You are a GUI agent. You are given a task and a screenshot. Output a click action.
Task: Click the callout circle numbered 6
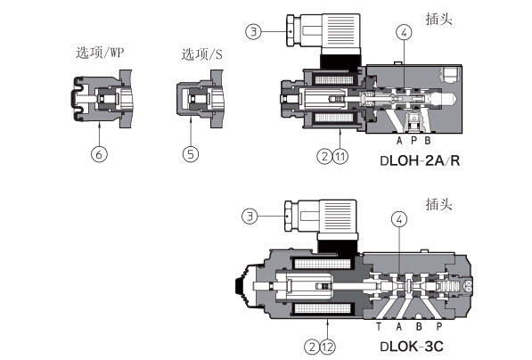[x=99, y=154]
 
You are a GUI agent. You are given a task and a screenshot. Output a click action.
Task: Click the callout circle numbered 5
[x=191, y=154]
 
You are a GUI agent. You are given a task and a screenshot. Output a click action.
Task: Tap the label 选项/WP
[x=100, y=53]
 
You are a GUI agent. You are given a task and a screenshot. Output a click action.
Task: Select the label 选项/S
[x=202, y=54]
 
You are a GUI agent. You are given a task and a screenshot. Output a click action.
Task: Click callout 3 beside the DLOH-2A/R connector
[x=253, y=32]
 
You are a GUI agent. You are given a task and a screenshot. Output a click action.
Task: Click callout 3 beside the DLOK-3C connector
[x=250, y=217]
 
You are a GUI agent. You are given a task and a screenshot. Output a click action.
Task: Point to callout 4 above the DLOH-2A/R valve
[x=404, y=33]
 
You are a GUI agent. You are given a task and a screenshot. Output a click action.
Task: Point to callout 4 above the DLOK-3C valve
[x=399, y=219]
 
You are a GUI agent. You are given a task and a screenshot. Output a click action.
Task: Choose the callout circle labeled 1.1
[x=340, y=157]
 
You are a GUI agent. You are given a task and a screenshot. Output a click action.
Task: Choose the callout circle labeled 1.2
[x=327, y=348]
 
